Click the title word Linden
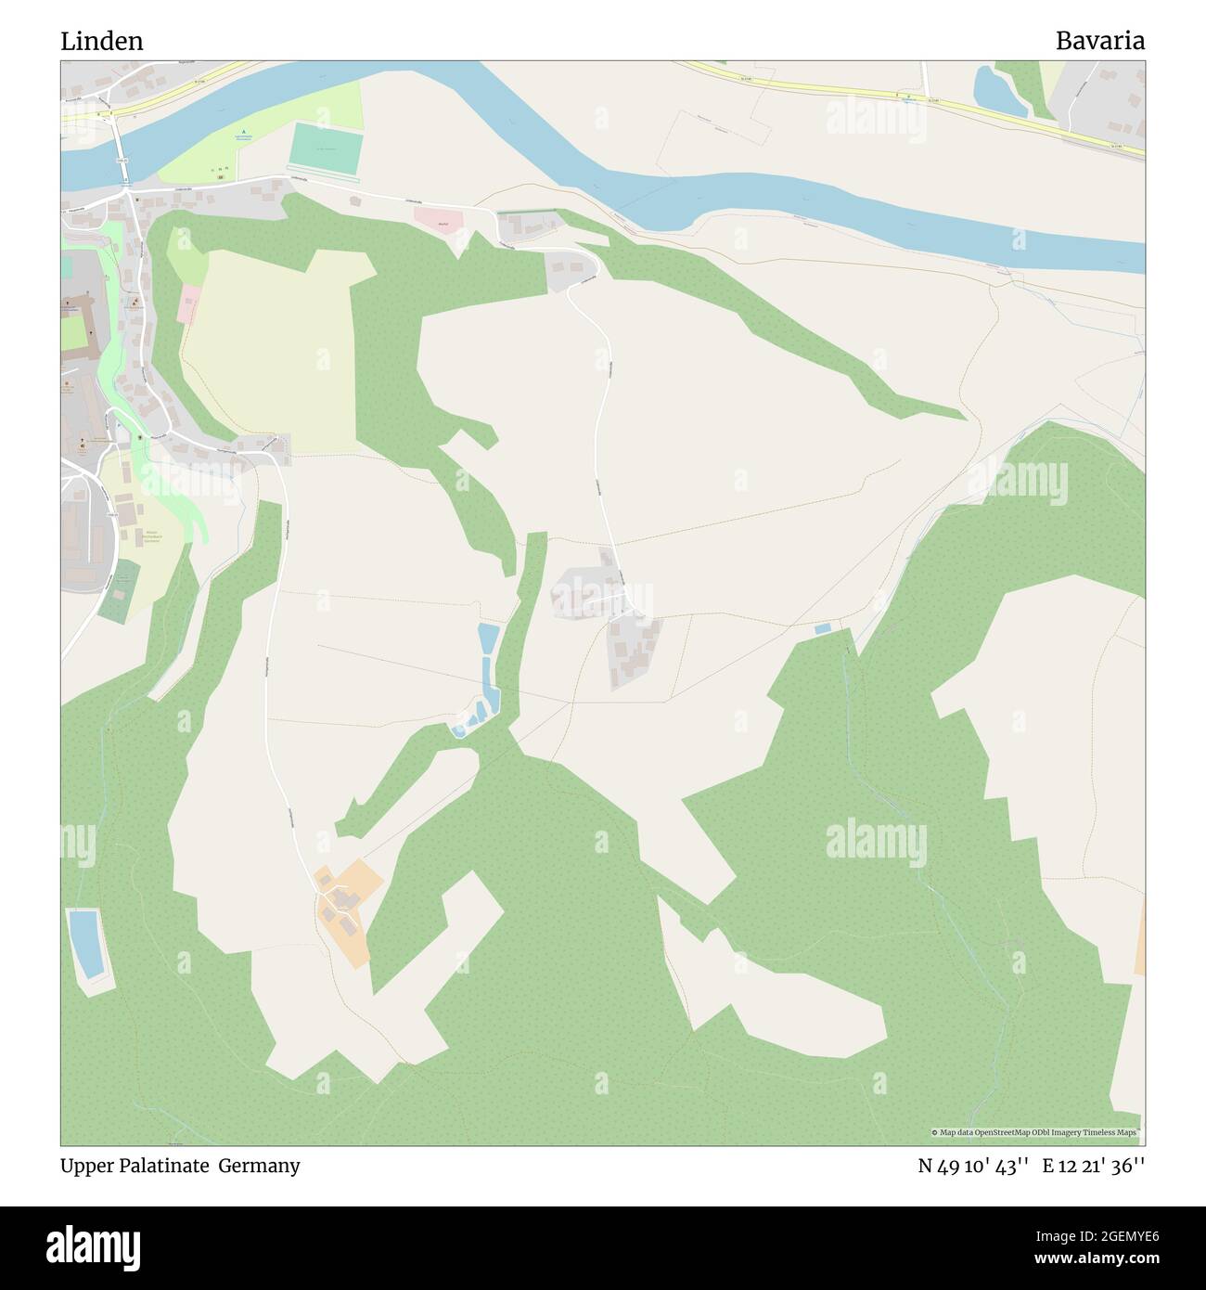click(x=102, y=42)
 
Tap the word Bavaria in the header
click(x=1099, y=41)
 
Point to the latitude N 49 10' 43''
click(x=973, y=1166)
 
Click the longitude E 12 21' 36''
click(x=1094, y=1166)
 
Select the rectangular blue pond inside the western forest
click(x=84, y=943)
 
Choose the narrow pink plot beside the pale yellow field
click(x=188, y=304)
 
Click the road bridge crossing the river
click(x=121, y=148)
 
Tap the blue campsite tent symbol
click(x=244, y=133)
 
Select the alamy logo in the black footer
click(x=103, y=1247)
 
